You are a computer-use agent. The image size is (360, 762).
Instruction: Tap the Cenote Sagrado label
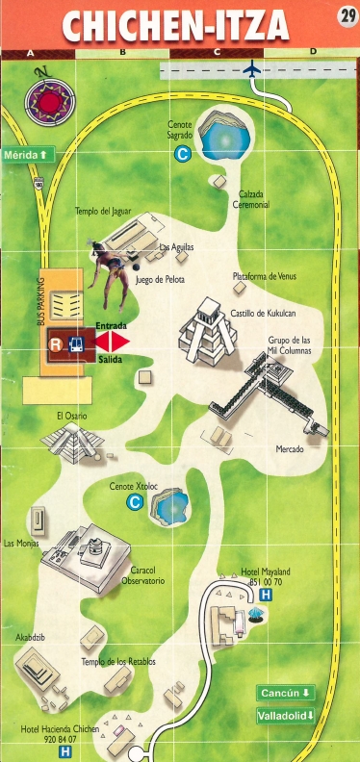(x=180, y=131)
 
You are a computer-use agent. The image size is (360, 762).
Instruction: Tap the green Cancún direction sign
(x=286, y=693)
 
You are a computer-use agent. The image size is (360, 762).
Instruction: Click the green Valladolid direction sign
(x=286, y=716)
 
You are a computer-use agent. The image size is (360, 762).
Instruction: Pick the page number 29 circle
(x=347, y=16)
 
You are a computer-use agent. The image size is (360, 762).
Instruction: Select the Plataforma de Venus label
(x=262, y=276)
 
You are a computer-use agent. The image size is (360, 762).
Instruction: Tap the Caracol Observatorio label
(x=147, y=575)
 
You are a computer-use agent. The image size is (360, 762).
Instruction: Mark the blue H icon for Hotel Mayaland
(x=266, y=596)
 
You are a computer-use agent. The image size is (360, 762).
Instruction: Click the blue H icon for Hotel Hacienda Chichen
(x=65, y=751)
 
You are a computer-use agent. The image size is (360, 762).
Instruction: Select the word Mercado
(x=290, y=450)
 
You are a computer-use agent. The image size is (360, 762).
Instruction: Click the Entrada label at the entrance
(x=112, y=327)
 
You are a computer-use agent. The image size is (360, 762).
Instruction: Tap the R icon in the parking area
(x=57, y=343)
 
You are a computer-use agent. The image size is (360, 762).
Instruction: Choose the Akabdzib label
(x=32, y=637)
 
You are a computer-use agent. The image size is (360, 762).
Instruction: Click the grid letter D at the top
(x=313, y=52)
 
